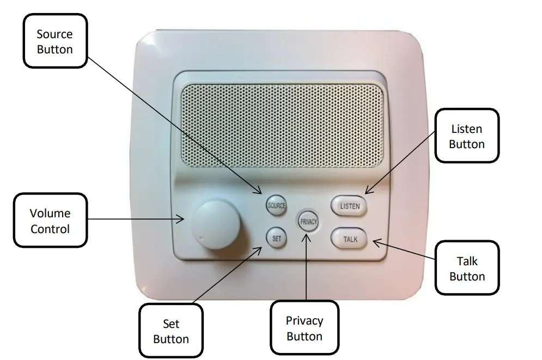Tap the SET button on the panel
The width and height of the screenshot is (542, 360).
tap(276, 238)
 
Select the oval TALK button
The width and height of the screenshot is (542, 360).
tap(349, 239)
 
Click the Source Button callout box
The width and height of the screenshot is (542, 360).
tap(54, 41)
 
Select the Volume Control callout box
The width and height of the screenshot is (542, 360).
tap(50, 221)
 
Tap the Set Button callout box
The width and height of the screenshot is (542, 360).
tap(171, 331)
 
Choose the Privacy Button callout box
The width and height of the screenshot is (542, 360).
tap(305, 328)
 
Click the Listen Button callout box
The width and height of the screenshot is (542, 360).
tap(467, 136)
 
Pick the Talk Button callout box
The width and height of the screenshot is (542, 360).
tap(467, 269)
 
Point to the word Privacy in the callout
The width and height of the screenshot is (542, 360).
tap(305, 321)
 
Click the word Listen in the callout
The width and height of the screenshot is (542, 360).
tap(467, 129)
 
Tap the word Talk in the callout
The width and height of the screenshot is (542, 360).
tap(467, 262)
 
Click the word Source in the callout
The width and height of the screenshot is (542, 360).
tap(54, 34)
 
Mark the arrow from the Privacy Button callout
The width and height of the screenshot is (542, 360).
tap(307, 267)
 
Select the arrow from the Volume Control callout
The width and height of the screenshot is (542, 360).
tap(136, 219)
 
